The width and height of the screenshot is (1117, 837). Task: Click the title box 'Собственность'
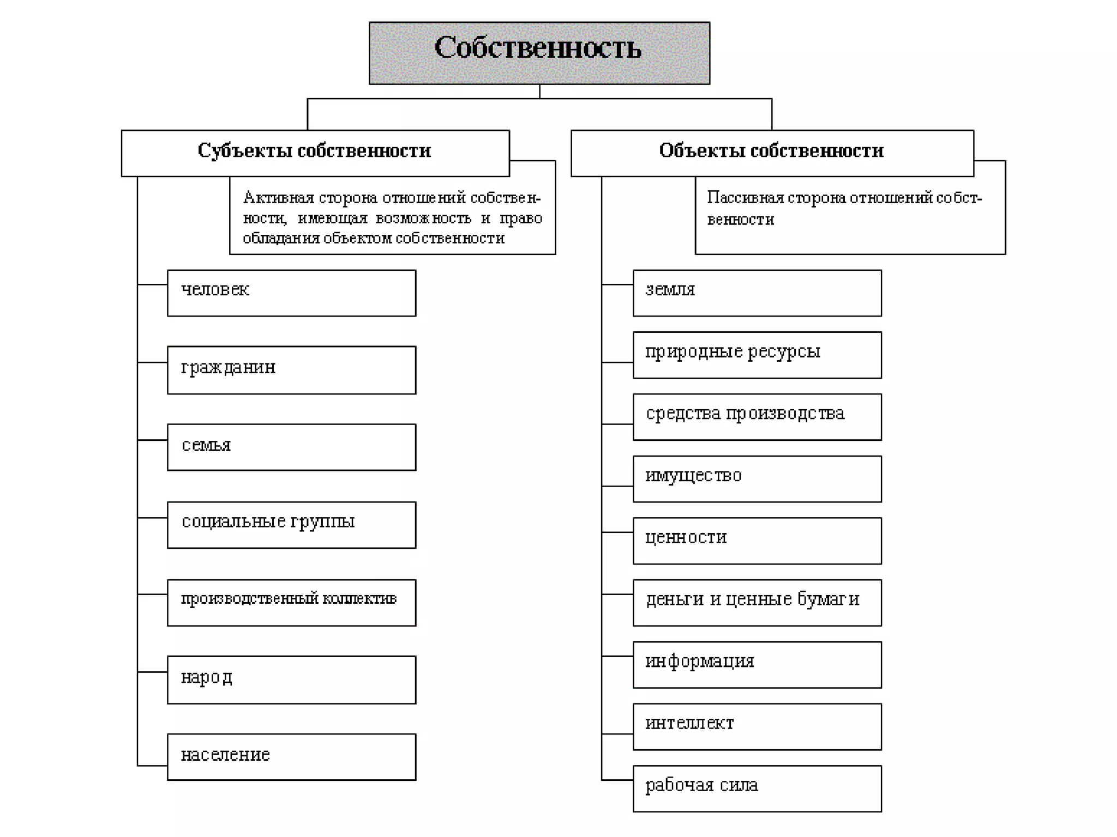coord(539,53)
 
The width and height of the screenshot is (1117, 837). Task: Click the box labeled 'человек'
coord(291,293)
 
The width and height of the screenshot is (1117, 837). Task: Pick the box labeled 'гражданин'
coord(291,369)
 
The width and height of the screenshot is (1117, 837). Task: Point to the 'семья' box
coord(291,447)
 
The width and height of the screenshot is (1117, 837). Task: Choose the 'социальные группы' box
coord(291,524)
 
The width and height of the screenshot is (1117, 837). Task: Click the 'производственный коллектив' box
coord(291,602)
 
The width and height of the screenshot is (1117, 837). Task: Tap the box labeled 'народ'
coord(291,680)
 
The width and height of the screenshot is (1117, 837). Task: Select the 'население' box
coord(291,756)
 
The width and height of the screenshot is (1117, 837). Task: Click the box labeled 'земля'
coord(757,293)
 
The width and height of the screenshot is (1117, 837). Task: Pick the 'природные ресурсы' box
coord(757,355)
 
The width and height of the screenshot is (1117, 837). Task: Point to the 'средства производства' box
coord(757,417)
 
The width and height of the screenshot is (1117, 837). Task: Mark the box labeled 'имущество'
coord(757,478)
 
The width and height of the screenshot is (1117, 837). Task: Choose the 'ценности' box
coord(757,541)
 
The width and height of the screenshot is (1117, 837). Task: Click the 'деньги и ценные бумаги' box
coord(757,602)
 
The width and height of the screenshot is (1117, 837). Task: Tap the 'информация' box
coord(757,664)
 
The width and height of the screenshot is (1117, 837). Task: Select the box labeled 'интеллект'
coord(757,726)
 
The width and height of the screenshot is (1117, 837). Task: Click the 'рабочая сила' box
coord(757,789)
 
